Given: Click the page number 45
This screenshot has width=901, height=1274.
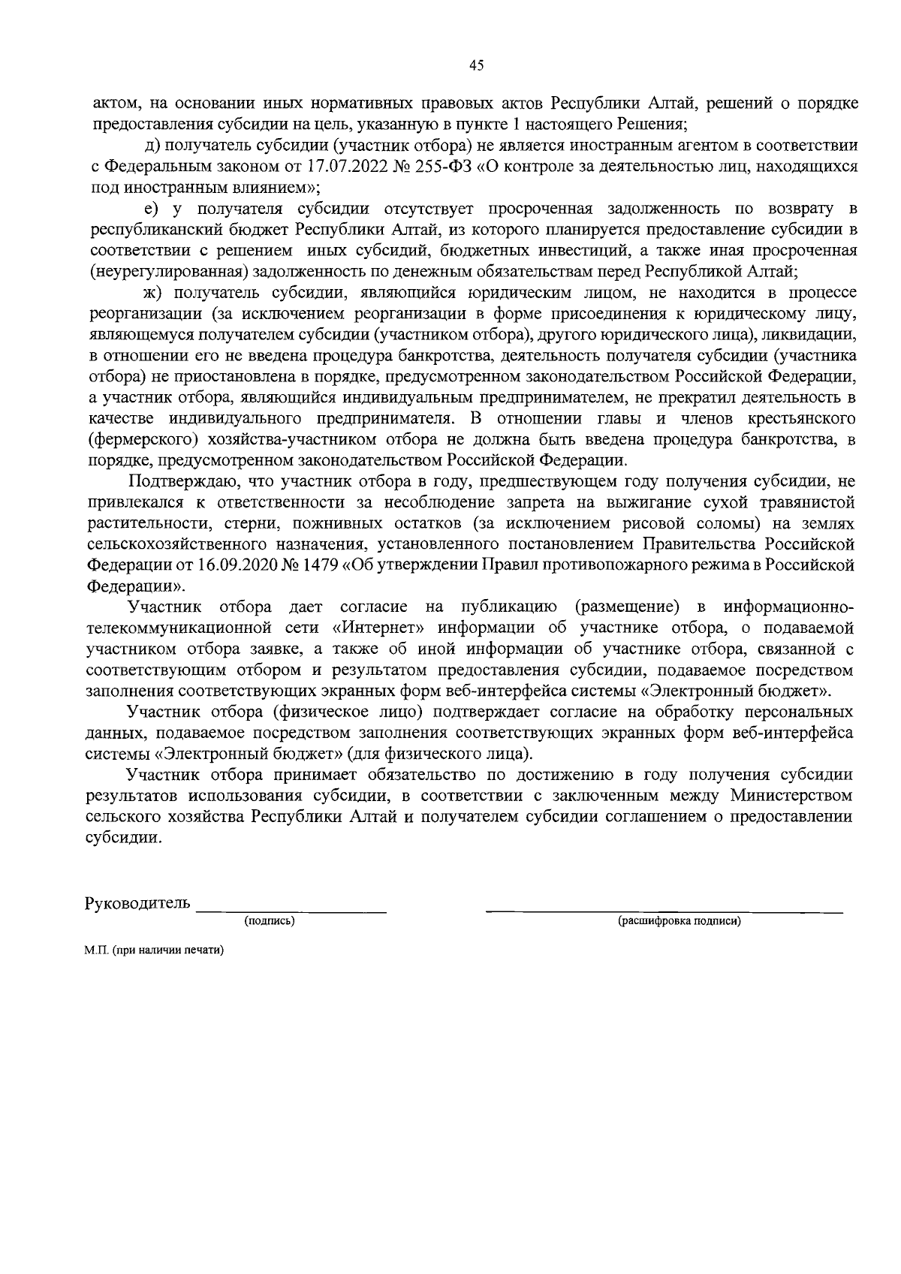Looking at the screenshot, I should [476, 65].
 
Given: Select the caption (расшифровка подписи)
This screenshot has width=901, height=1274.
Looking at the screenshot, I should [679, 921].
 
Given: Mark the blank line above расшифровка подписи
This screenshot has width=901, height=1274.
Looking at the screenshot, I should [664, 911].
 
